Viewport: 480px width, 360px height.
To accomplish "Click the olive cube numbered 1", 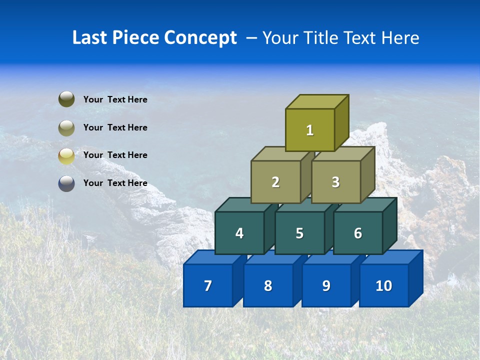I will [x=310, y=130].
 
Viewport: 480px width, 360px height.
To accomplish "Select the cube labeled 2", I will [x=275, y=182].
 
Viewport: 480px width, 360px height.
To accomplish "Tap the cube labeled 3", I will [x=335, y=182].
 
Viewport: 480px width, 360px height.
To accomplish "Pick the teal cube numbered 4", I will [x=239, y=233].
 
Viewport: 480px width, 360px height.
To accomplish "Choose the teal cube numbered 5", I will [x=299, y=233].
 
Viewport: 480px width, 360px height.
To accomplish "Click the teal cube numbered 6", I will [x=358, y=233].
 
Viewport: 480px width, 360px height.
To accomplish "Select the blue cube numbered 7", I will [x=208, y=285].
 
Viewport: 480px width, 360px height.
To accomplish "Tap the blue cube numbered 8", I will [x=268, y=285].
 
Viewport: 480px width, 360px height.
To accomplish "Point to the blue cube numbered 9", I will [x=326, y=285].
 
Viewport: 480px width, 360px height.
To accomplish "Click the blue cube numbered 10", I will [x=383, y=285].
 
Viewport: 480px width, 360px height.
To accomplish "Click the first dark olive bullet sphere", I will [x=66, y=99].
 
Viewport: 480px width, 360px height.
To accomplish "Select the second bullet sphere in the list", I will [x=66, y=127].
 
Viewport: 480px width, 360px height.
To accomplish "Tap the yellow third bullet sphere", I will [x=66, y=155].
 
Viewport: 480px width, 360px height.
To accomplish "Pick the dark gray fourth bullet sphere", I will [x=66, y=183].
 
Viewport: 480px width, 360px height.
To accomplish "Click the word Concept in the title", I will [x=200, y=38].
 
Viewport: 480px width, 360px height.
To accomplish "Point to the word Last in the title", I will [x=88, y=38].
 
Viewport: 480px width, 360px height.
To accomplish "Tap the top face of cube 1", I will [x=317, y=101].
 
